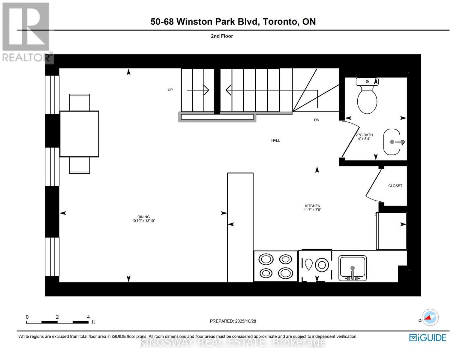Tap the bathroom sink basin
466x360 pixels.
coord(392,142)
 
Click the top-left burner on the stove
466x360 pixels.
coord(266,259)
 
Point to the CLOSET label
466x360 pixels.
coord(395,186)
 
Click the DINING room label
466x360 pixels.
coord(143,217)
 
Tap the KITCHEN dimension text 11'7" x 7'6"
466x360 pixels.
coord(312,210)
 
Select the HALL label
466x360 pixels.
coord(275,140)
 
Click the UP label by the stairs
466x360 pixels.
coord(170,90)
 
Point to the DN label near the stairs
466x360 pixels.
coord(317,120)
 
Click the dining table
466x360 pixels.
coord(79,134)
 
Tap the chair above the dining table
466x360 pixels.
coord(80,102)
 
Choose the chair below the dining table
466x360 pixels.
coord(80,165)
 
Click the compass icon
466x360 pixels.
coord(430,317)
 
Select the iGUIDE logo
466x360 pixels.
coord(428,337)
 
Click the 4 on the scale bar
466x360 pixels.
coord(88,317)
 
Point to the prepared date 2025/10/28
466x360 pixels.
coord(245,321)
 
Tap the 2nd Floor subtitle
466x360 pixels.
coord(222,36)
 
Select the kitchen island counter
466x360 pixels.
coord(240,227)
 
